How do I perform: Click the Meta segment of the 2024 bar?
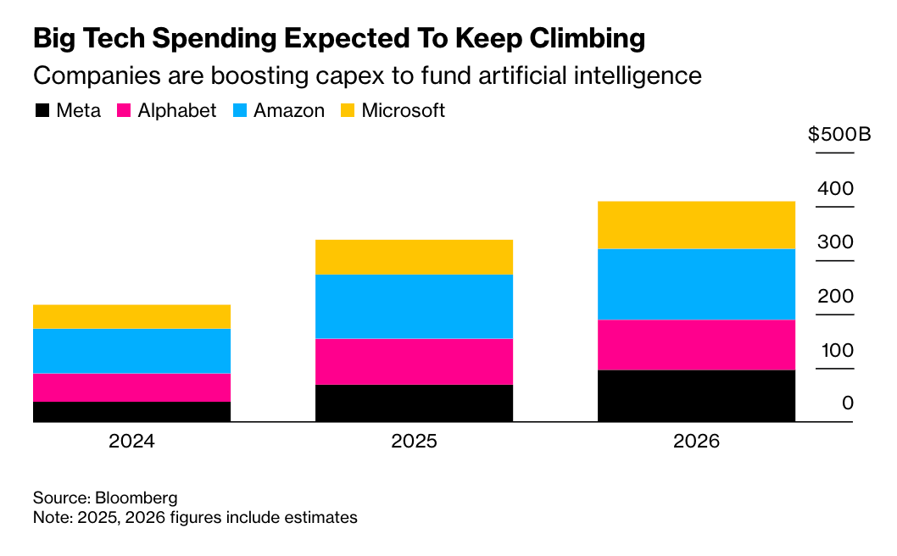[131, 411]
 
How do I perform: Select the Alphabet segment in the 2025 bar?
[414, 361]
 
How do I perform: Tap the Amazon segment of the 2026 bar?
[696, 284]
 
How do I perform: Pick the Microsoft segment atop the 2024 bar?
[131, 316]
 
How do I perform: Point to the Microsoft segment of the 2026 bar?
[696, 225]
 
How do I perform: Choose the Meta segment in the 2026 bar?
[696, 395]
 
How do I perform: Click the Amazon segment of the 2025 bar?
[414, 306]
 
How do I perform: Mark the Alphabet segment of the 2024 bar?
[131, 387]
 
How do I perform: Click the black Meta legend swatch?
[42, 111]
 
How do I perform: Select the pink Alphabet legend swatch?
[123, 111]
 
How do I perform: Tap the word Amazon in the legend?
[289, 111]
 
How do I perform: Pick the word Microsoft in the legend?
[403, 111]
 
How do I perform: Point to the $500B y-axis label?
[839, 134]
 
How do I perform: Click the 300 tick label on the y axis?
[835, 242]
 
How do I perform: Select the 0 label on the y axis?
[847, 403]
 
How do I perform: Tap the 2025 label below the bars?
[414, 442]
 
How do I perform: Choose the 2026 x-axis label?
[696, 442]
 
